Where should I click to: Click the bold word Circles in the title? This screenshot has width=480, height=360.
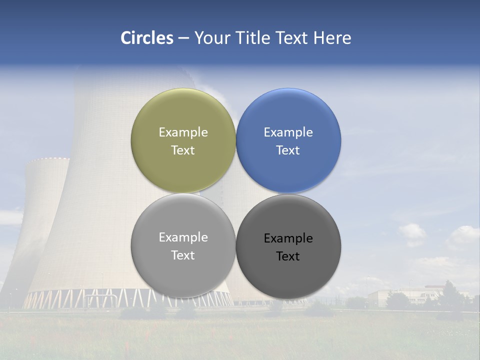(147, 38)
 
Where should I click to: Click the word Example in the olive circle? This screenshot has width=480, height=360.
(183, 132)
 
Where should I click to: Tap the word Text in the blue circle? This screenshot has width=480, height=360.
(288, 150)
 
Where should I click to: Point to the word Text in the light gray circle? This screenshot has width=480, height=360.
(183, 255)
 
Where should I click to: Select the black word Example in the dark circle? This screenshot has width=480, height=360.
(288, 238)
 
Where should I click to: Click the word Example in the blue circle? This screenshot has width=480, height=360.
(288, 132)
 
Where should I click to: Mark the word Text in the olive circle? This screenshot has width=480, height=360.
(183, 150)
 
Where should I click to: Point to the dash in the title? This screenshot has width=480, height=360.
(183, 38)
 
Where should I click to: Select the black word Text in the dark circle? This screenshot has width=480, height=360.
(288, 256)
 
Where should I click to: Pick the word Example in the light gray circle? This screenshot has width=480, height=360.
(183, 237)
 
